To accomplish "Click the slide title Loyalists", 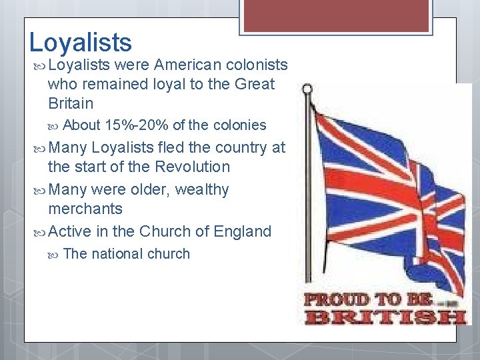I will point(81,42).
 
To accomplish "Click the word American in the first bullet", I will point(188,65).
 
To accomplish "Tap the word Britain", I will point(71,103).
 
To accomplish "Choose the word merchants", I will point(85,209).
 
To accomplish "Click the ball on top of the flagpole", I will point(307,88).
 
